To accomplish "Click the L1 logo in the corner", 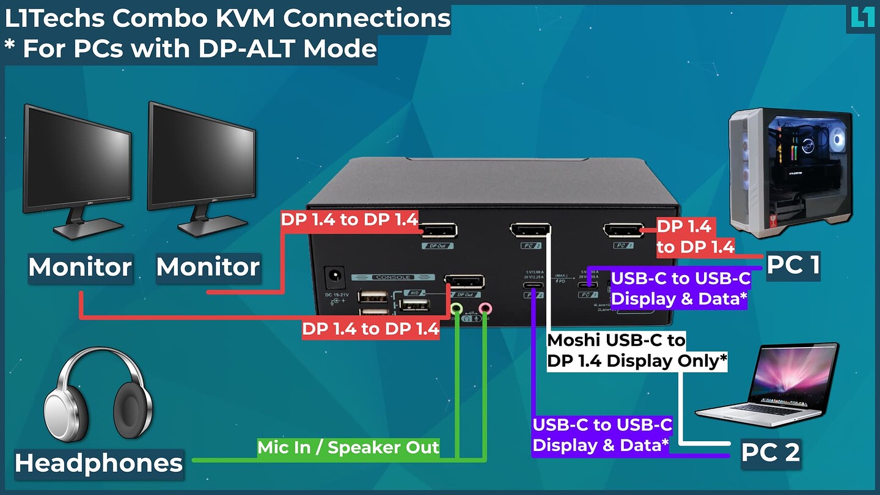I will coord(861,18).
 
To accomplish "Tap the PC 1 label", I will coord(793,266).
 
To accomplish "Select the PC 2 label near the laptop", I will coord(770,453).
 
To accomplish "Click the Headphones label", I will coord(99,463).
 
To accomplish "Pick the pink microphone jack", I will coord(485,309).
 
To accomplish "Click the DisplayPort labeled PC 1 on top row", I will coord(623,231).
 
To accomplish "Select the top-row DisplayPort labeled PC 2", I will coord(530,230).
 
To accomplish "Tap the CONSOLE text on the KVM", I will coord(392,277).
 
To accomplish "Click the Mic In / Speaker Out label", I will coord(348,447).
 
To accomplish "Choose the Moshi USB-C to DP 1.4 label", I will coord(636,351).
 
